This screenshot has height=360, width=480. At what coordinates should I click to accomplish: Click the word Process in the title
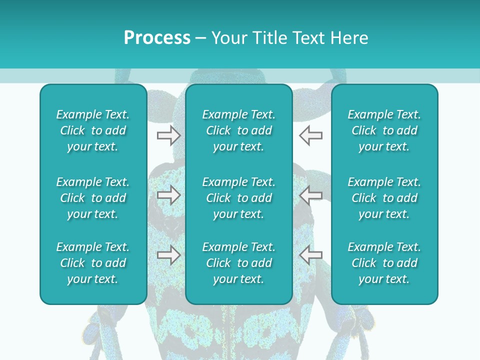pos(157,38)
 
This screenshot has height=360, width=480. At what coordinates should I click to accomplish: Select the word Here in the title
pos(350,38)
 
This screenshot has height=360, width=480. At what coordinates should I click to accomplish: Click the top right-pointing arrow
pos(168,135)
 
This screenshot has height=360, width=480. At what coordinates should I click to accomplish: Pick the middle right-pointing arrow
pos(168,195)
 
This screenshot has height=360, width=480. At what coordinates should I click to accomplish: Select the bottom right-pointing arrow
pos(168,255)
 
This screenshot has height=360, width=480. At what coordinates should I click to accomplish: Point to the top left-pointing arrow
pos(310,135)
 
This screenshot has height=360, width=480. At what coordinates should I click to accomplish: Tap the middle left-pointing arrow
pos(310,195)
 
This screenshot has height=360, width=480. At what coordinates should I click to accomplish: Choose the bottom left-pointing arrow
pos(310,255)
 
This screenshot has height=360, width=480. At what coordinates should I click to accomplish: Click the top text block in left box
pos(93,130)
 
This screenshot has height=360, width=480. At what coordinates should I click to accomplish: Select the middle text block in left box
pos(93,198)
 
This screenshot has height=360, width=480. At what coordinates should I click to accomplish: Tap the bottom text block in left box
pos(93,263)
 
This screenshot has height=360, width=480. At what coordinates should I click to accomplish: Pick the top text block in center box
pos(239,130)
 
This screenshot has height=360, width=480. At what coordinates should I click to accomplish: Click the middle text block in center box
pos(239,198)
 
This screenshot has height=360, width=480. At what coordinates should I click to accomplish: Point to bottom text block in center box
pos(239,263)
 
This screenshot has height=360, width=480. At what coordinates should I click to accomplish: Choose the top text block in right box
pos(384,130)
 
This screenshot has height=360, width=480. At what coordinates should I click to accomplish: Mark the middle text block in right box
pos(384,198)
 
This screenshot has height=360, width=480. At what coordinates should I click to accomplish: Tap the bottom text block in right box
pos(384,263)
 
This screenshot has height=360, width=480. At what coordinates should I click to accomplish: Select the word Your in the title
pos(228,38)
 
